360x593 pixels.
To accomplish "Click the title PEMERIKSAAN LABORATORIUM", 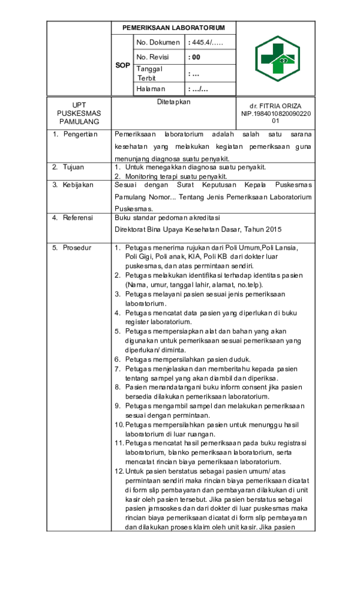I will pos(173,28).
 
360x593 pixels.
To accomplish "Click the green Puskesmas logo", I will pos(277,59).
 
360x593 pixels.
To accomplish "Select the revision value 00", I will pos(194,57).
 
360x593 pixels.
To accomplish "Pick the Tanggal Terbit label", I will pos(149,73).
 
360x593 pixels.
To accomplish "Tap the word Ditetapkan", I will pos(173,102).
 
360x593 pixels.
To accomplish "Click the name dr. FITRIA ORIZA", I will pos(275,106).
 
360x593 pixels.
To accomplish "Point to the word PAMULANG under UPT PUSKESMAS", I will pos(79,121).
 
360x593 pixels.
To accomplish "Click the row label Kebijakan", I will pos(78,185).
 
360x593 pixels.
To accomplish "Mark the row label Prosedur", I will pos(77,247).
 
